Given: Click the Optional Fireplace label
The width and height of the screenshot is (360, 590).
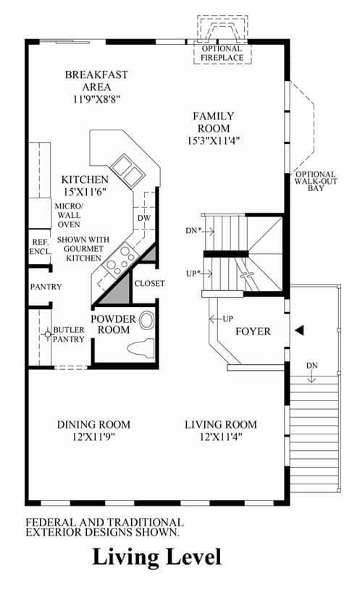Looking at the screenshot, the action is coord(222,53).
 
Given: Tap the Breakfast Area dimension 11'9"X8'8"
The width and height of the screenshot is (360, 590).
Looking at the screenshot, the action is coord(97,99).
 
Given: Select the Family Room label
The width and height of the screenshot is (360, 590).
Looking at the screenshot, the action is coord(214,122).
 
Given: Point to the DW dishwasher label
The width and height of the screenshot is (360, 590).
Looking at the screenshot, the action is coord(144,218).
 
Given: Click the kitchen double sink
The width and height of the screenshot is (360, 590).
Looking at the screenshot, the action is coord(128,170).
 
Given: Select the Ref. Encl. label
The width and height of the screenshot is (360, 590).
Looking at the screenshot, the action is coord(41,247).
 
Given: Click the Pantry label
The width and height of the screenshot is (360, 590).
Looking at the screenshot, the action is coord(46,287).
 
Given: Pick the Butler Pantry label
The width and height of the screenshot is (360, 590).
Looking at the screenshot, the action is coord(69,334).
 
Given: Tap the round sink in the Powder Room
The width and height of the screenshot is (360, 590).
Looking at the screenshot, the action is coord(147,321).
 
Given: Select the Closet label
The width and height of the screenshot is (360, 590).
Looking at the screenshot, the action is coord(149,283).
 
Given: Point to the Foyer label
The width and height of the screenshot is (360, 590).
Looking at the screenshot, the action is coord(253,332).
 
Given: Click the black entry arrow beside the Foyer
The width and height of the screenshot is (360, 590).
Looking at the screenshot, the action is coord(299,330).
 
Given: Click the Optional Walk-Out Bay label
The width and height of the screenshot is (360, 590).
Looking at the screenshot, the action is coord(316,181).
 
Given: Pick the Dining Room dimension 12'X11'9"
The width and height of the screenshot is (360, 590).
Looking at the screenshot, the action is coord(93,437).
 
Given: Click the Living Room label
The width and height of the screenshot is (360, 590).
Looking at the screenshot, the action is coord(221,425).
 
